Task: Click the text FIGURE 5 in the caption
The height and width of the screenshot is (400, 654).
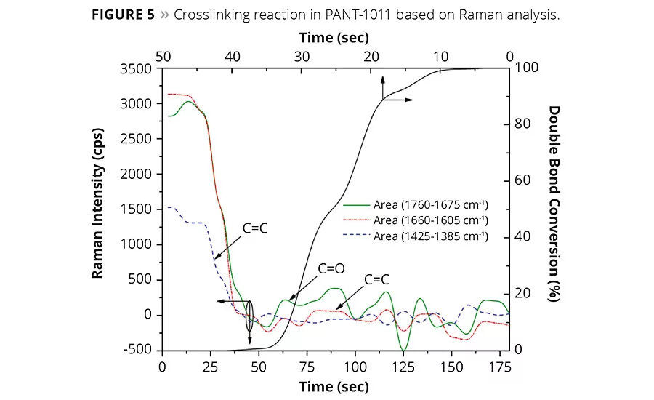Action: [x=124, y=15]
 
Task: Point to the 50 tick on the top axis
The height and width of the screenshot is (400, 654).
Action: [x=163, y=56]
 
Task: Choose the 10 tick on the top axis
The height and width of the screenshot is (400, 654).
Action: [x=440, y=56]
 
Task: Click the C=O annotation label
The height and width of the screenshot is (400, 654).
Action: [x=331, y=268]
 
